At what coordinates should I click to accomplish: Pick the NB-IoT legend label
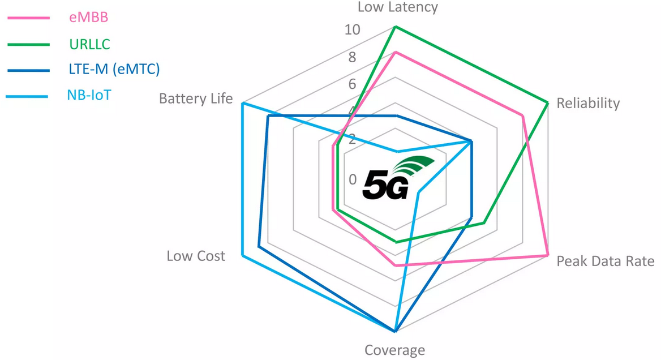click(x=89, y=95)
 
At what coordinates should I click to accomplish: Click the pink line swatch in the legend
click(x=28, y=18)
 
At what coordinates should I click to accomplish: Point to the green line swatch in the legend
click(x=28, y=44)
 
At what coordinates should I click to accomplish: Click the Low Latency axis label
click(x=398, y=7)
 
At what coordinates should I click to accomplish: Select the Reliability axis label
click(x=588, y=103)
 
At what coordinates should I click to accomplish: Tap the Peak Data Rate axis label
click(x=606, y=261)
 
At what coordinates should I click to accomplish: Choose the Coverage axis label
click(x=394, y=350)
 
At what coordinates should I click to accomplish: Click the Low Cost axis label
click(x=196, y=256)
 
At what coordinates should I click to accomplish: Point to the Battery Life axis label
click(x=196, y=98)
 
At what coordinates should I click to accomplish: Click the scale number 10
click(x=352, y=30)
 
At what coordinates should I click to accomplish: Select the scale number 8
click(x=352, y=57)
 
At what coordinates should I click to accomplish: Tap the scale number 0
click(x=353, y=179)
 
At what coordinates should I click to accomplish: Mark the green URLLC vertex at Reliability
click(x=548, y=102)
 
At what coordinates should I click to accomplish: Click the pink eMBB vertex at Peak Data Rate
click(x=547, y=256)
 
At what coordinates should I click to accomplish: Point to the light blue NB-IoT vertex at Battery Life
click(x=242, y=103)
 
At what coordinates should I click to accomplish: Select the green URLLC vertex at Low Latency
click(x=395, y=27)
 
